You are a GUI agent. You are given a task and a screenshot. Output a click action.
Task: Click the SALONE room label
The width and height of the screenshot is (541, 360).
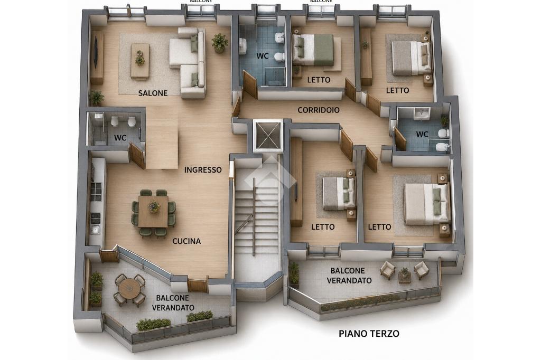click(153, 93)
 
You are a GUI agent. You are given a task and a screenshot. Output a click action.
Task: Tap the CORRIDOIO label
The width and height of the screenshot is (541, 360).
click(319, 110)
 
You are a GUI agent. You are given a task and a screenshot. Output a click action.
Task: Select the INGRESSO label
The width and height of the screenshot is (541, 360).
click(203, 169)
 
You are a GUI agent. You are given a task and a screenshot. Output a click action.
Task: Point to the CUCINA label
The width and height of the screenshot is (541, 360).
click(186, 241)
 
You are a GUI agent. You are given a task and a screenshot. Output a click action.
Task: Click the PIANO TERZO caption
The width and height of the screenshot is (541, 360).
click(369, 334)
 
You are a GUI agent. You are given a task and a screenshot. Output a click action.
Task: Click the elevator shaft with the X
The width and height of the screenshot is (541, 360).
click(268, 136)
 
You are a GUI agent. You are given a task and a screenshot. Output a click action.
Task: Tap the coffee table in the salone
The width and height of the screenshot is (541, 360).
click(139, 61)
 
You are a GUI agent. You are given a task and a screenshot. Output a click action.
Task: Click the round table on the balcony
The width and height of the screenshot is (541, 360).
click(129, 290)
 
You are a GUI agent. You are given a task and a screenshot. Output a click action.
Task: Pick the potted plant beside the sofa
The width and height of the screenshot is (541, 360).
click(219, 43)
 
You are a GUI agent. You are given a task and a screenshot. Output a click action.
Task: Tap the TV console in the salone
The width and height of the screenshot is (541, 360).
click(97, 58)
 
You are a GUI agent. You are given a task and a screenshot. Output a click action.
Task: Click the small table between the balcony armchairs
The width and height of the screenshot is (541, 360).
click(404, 275)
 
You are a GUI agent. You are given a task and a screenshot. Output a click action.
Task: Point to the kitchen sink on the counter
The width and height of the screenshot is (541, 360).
click(94, 229)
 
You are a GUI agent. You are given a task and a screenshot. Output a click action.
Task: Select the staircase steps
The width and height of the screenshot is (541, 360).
click(256, 217)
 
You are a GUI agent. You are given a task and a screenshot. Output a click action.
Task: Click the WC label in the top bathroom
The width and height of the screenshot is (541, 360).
click(263, 56)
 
